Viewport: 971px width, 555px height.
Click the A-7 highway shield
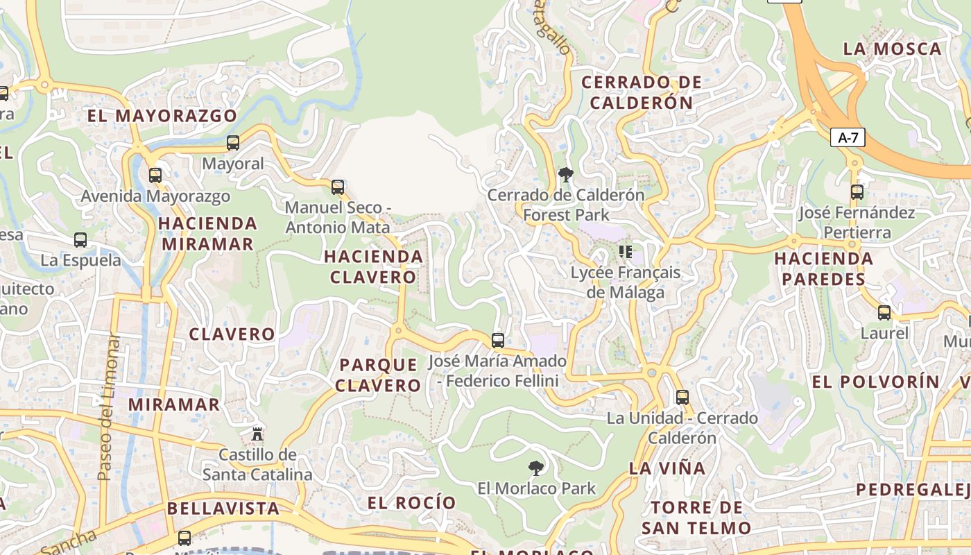click(848, 137)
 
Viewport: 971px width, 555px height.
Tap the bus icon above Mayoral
click(233, 143)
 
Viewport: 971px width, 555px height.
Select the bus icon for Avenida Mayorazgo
click(155, 176)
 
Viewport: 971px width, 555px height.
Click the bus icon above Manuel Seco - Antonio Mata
click(338, 187)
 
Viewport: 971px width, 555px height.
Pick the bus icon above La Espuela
click(80, 240)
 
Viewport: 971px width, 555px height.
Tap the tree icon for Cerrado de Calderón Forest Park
click(566, 175)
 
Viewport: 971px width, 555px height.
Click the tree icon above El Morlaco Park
click(535, 468)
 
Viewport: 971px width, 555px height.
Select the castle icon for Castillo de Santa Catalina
click(257, 434)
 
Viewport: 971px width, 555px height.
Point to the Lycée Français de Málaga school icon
click(626, 251)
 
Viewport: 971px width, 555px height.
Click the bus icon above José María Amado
click(498, 340)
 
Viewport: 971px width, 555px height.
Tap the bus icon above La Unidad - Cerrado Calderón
click(682, 398)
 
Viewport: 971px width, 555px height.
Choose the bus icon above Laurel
click(884, 313)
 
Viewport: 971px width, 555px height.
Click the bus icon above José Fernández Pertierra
click(857, 192)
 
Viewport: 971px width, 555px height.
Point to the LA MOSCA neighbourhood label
click(892, 49)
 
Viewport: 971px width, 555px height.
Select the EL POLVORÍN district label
click(875, 382)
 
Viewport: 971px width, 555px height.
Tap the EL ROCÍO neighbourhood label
click(412, 503)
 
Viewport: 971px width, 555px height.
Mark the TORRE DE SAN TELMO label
click(696, 518)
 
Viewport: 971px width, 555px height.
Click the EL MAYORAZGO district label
click(162, 116)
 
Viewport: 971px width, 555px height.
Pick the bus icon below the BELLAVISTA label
click(184, 538)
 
